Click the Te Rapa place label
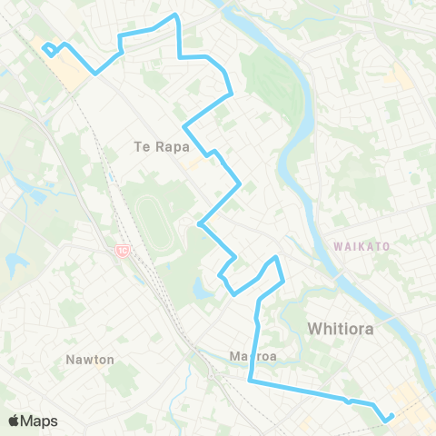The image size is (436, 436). pyautogui.click(x=160, y=146)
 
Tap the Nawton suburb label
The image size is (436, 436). pyautogui.click(x=90, y=360)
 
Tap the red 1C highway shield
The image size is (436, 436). pyautogui.click(x=121, y=251)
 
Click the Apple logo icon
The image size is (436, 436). pyautogui.click(x=15, y=421)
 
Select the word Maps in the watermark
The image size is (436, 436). pyautogui.click(x=40, y=421)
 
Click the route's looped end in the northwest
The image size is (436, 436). pyautogui.click(x=47, y=47)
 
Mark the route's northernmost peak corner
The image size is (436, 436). pyautogui.click(x=175, y=15)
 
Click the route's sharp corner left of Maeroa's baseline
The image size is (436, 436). pyautogui.click(x=249, y=381)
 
